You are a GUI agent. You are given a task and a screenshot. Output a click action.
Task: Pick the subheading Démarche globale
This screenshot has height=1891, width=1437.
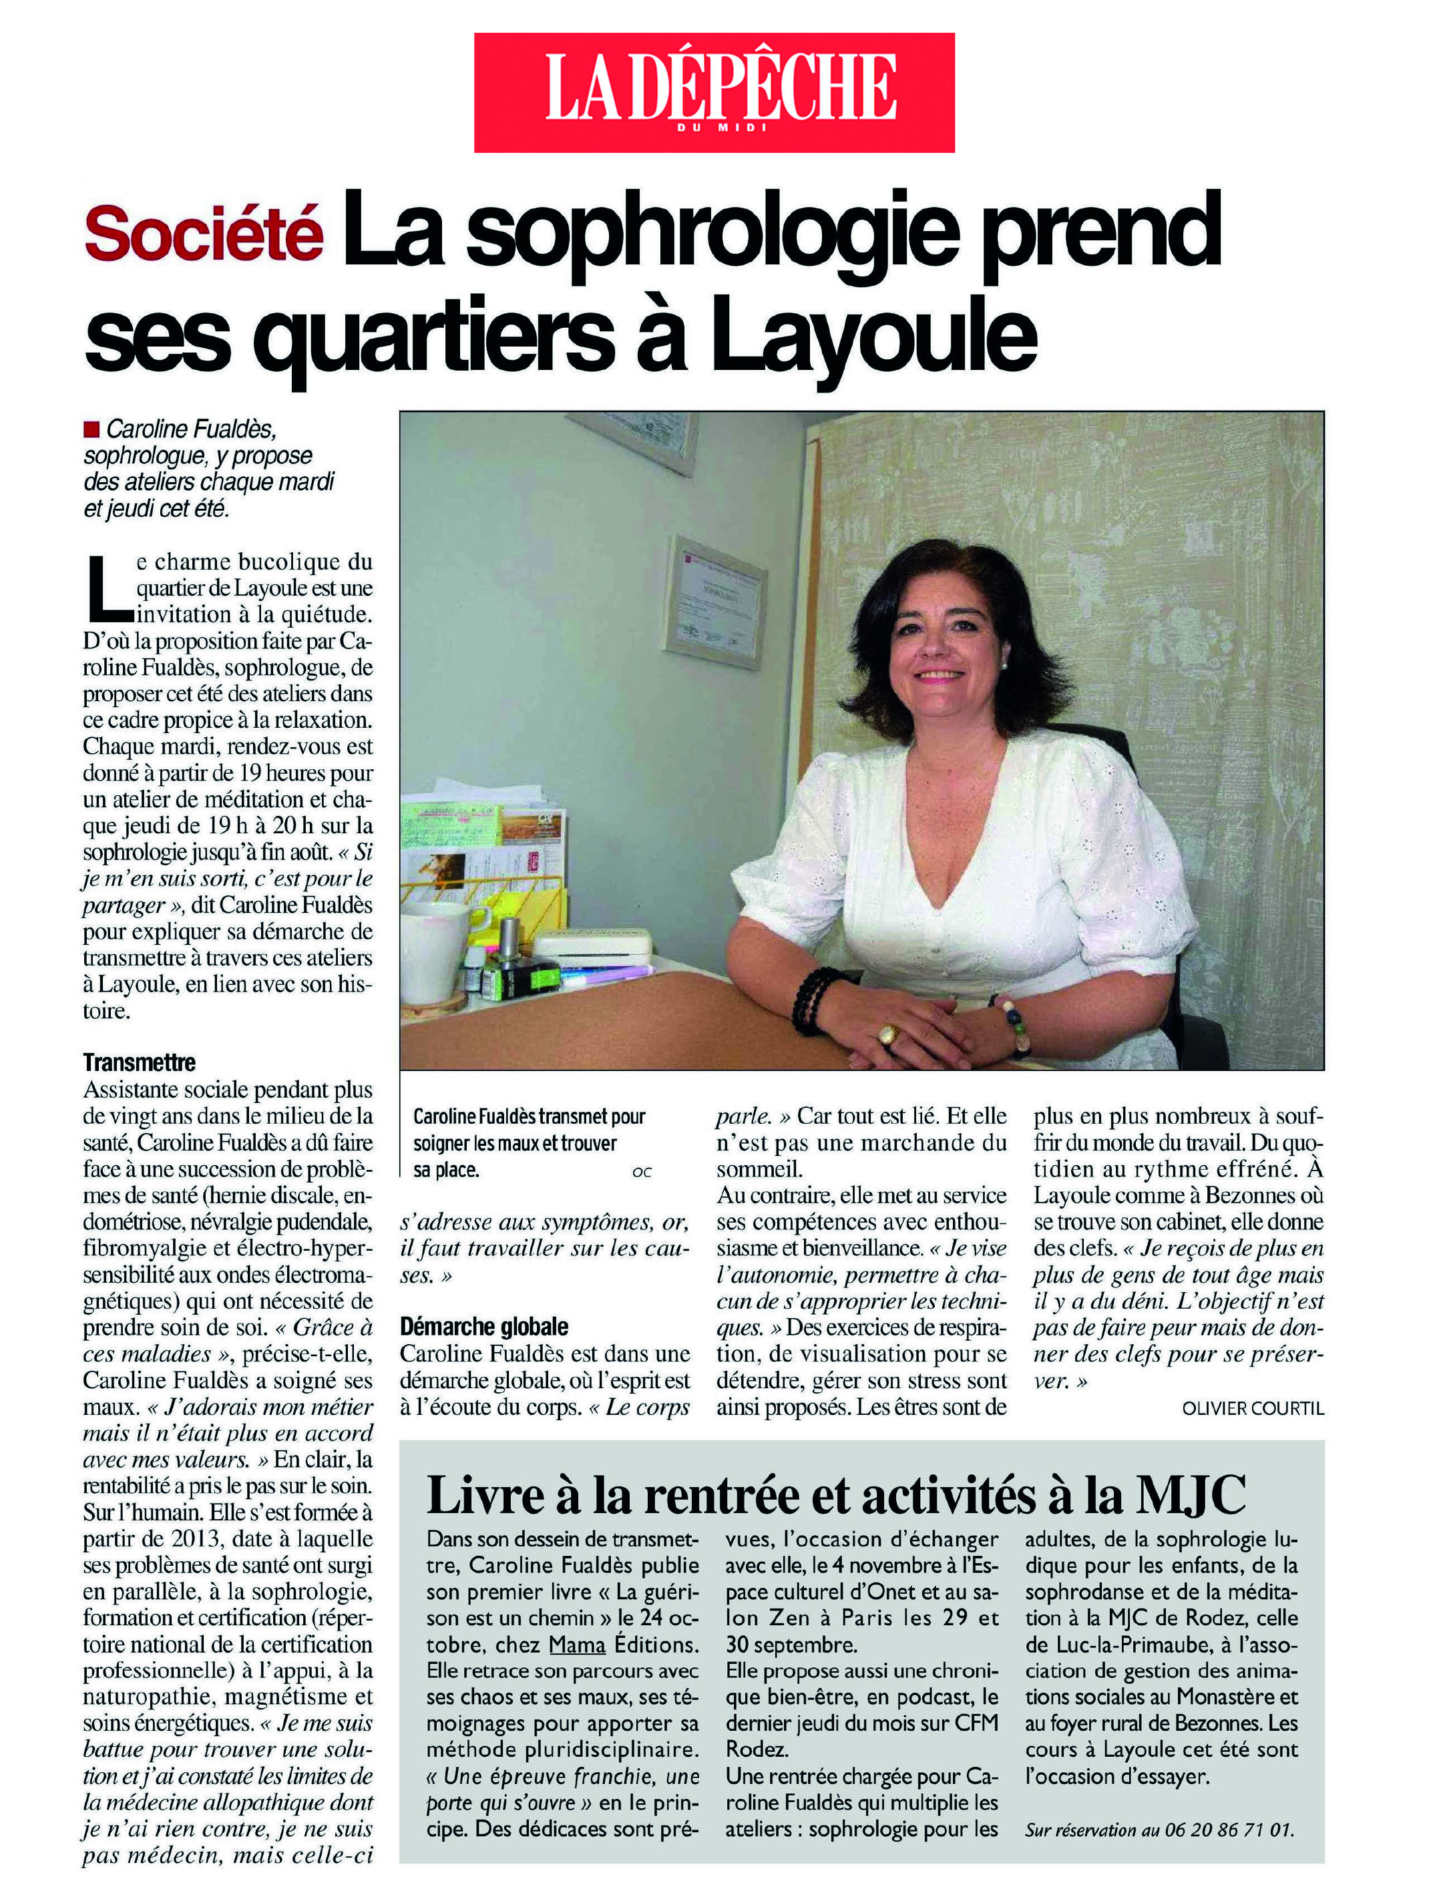tap(484, 1327)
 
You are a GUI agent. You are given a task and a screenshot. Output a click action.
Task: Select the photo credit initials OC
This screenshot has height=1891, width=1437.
tap(642, 1172)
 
